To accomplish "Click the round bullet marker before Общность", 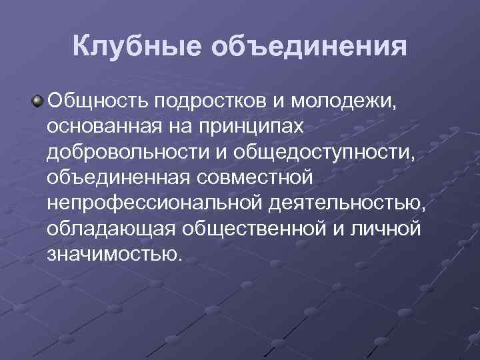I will coord(39,101).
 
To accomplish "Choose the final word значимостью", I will coord(114,254).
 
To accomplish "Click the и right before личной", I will coord(342,229).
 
